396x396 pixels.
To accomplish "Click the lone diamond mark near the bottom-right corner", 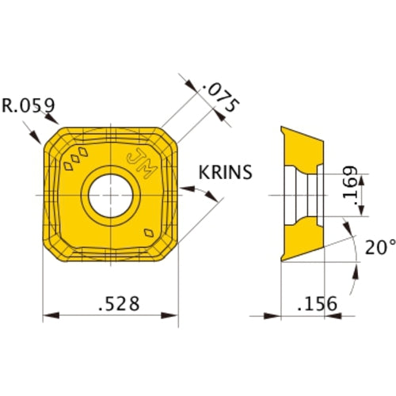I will (150, 233).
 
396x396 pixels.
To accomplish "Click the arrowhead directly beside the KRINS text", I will (188, 189).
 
